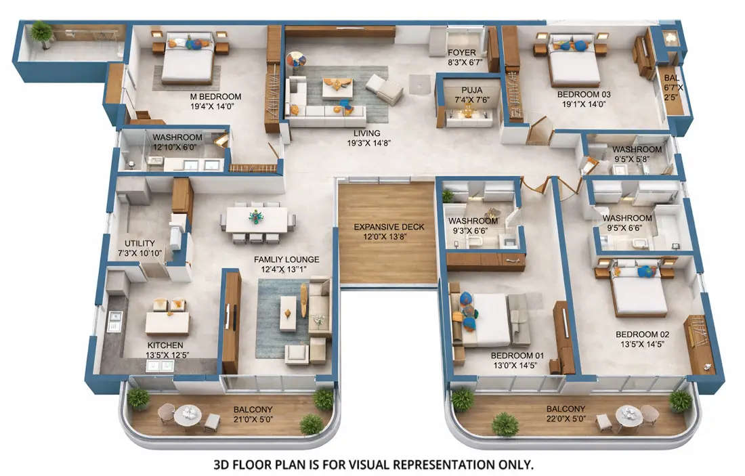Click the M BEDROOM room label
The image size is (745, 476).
[x=215, y=97]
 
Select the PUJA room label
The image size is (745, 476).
[x=471, y=90]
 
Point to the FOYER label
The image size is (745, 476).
[x=461, y=52]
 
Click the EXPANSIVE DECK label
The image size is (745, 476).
[x=389, y=227]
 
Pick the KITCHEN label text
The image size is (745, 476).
[x=165, y=345]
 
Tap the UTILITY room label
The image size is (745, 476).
[x=140, y=243]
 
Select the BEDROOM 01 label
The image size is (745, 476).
[x=517, y=355]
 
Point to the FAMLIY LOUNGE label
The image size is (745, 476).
[x=286, y=259]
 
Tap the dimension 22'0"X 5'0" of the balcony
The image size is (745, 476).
[x=566, y=420]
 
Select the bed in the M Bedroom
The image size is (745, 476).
[x=188, y=61]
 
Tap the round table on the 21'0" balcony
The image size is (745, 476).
[x=187, y=414]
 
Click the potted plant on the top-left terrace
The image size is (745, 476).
[x=41, y=31]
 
